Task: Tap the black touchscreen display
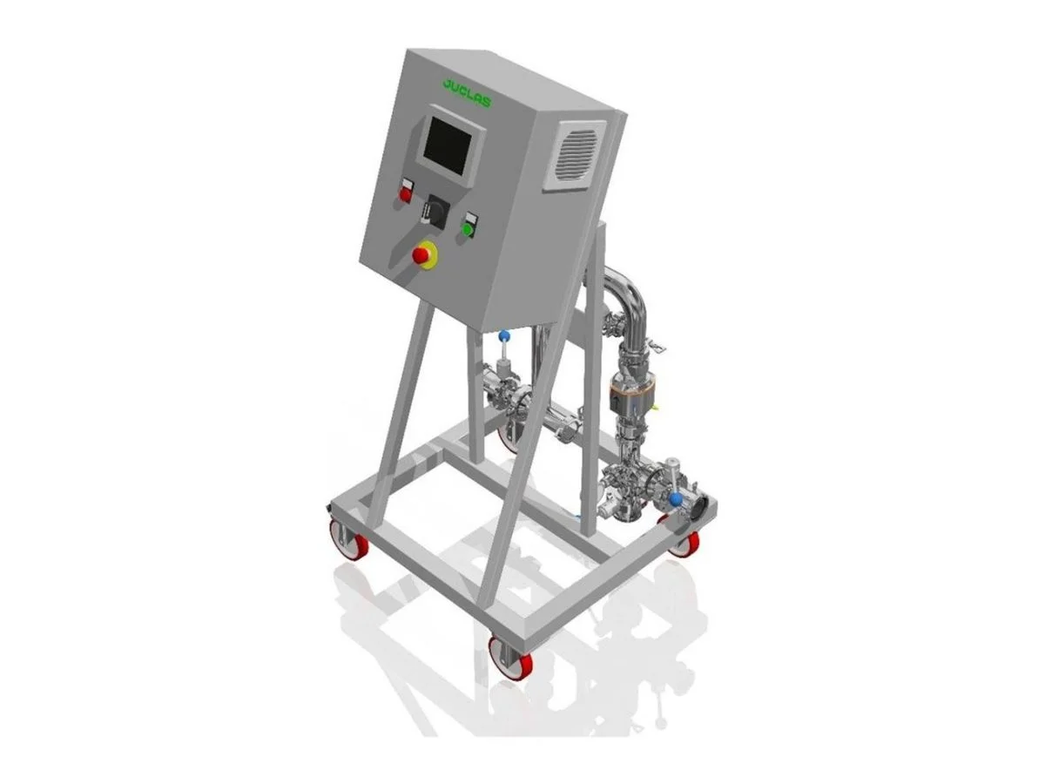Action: pyautogui.click(x=447, y=145)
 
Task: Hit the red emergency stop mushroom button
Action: pyautogui.click(x=421, y=255)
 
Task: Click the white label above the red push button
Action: pyautogui.click(x=408, y=183)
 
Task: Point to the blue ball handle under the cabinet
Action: pyautogui.click(x=503, y=336)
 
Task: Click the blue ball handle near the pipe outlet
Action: pyautogui.click(x=675, y=499)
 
